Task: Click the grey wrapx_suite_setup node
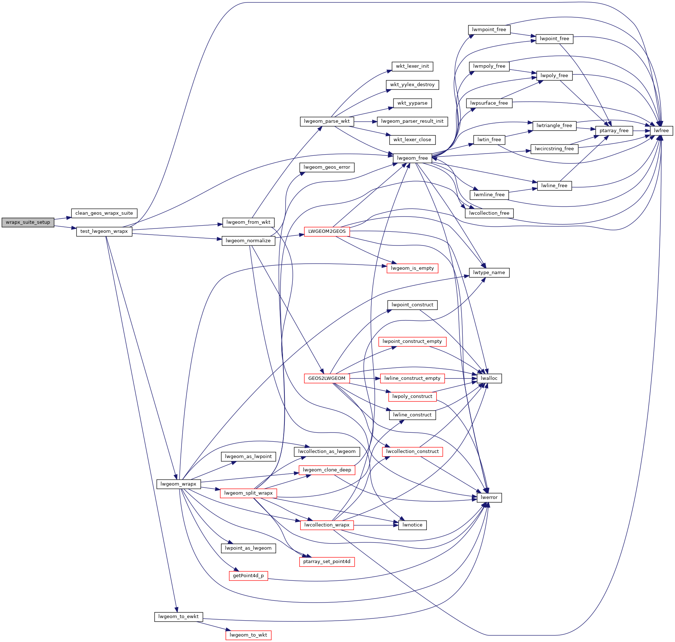(28, 222)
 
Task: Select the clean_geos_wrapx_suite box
(104, 213)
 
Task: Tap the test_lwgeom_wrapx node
(104, 231)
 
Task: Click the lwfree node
(661, 131)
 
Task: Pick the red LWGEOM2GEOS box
(327, 231)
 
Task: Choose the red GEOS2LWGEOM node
(327, 378)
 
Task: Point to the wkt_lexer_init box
(412, 66)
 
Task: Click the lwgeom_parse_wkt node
(327, 121)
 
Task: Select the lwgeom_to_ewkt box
(178, 617)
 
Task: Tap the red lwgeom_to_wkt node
(248, 635)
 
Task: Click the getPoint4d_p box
(248, 576)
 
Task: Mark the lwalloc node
(489, 378)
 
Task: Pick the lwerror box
(489, 498)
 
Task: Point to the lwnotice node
(412, 525)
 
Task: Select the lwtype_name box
(489, 273)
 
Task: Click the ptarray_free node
(614, 131)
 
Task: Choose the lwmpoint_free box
(489, 30)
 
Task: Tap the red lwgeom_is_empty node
(412, 268)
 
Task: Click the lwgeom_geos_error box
(327, 167)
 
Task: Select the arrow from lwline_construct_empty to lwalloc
(461, 378)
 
